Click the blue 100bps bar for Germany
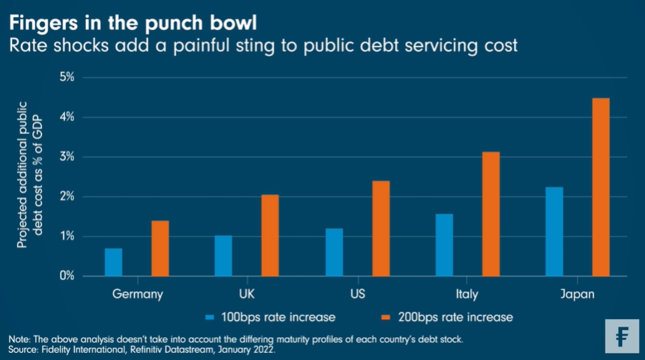point(113,262)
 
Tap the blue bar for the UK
point(224,256)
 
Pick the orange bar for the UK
point(270,235)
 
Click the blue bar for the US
point(334,252)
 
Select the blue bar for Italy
point(444,245)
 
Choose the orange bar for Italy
point(490,214)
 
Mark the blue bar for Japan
point(554,231)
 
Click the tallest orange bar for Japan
point(601,187)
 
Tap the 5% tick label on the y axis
point(67,77)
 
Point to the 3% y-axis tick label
point(67,157)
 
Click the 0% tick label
point(67,276)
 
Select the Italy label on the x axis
point(467,294)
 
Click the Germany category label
point(138,294)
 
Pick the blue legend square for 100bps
point(210,316)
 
